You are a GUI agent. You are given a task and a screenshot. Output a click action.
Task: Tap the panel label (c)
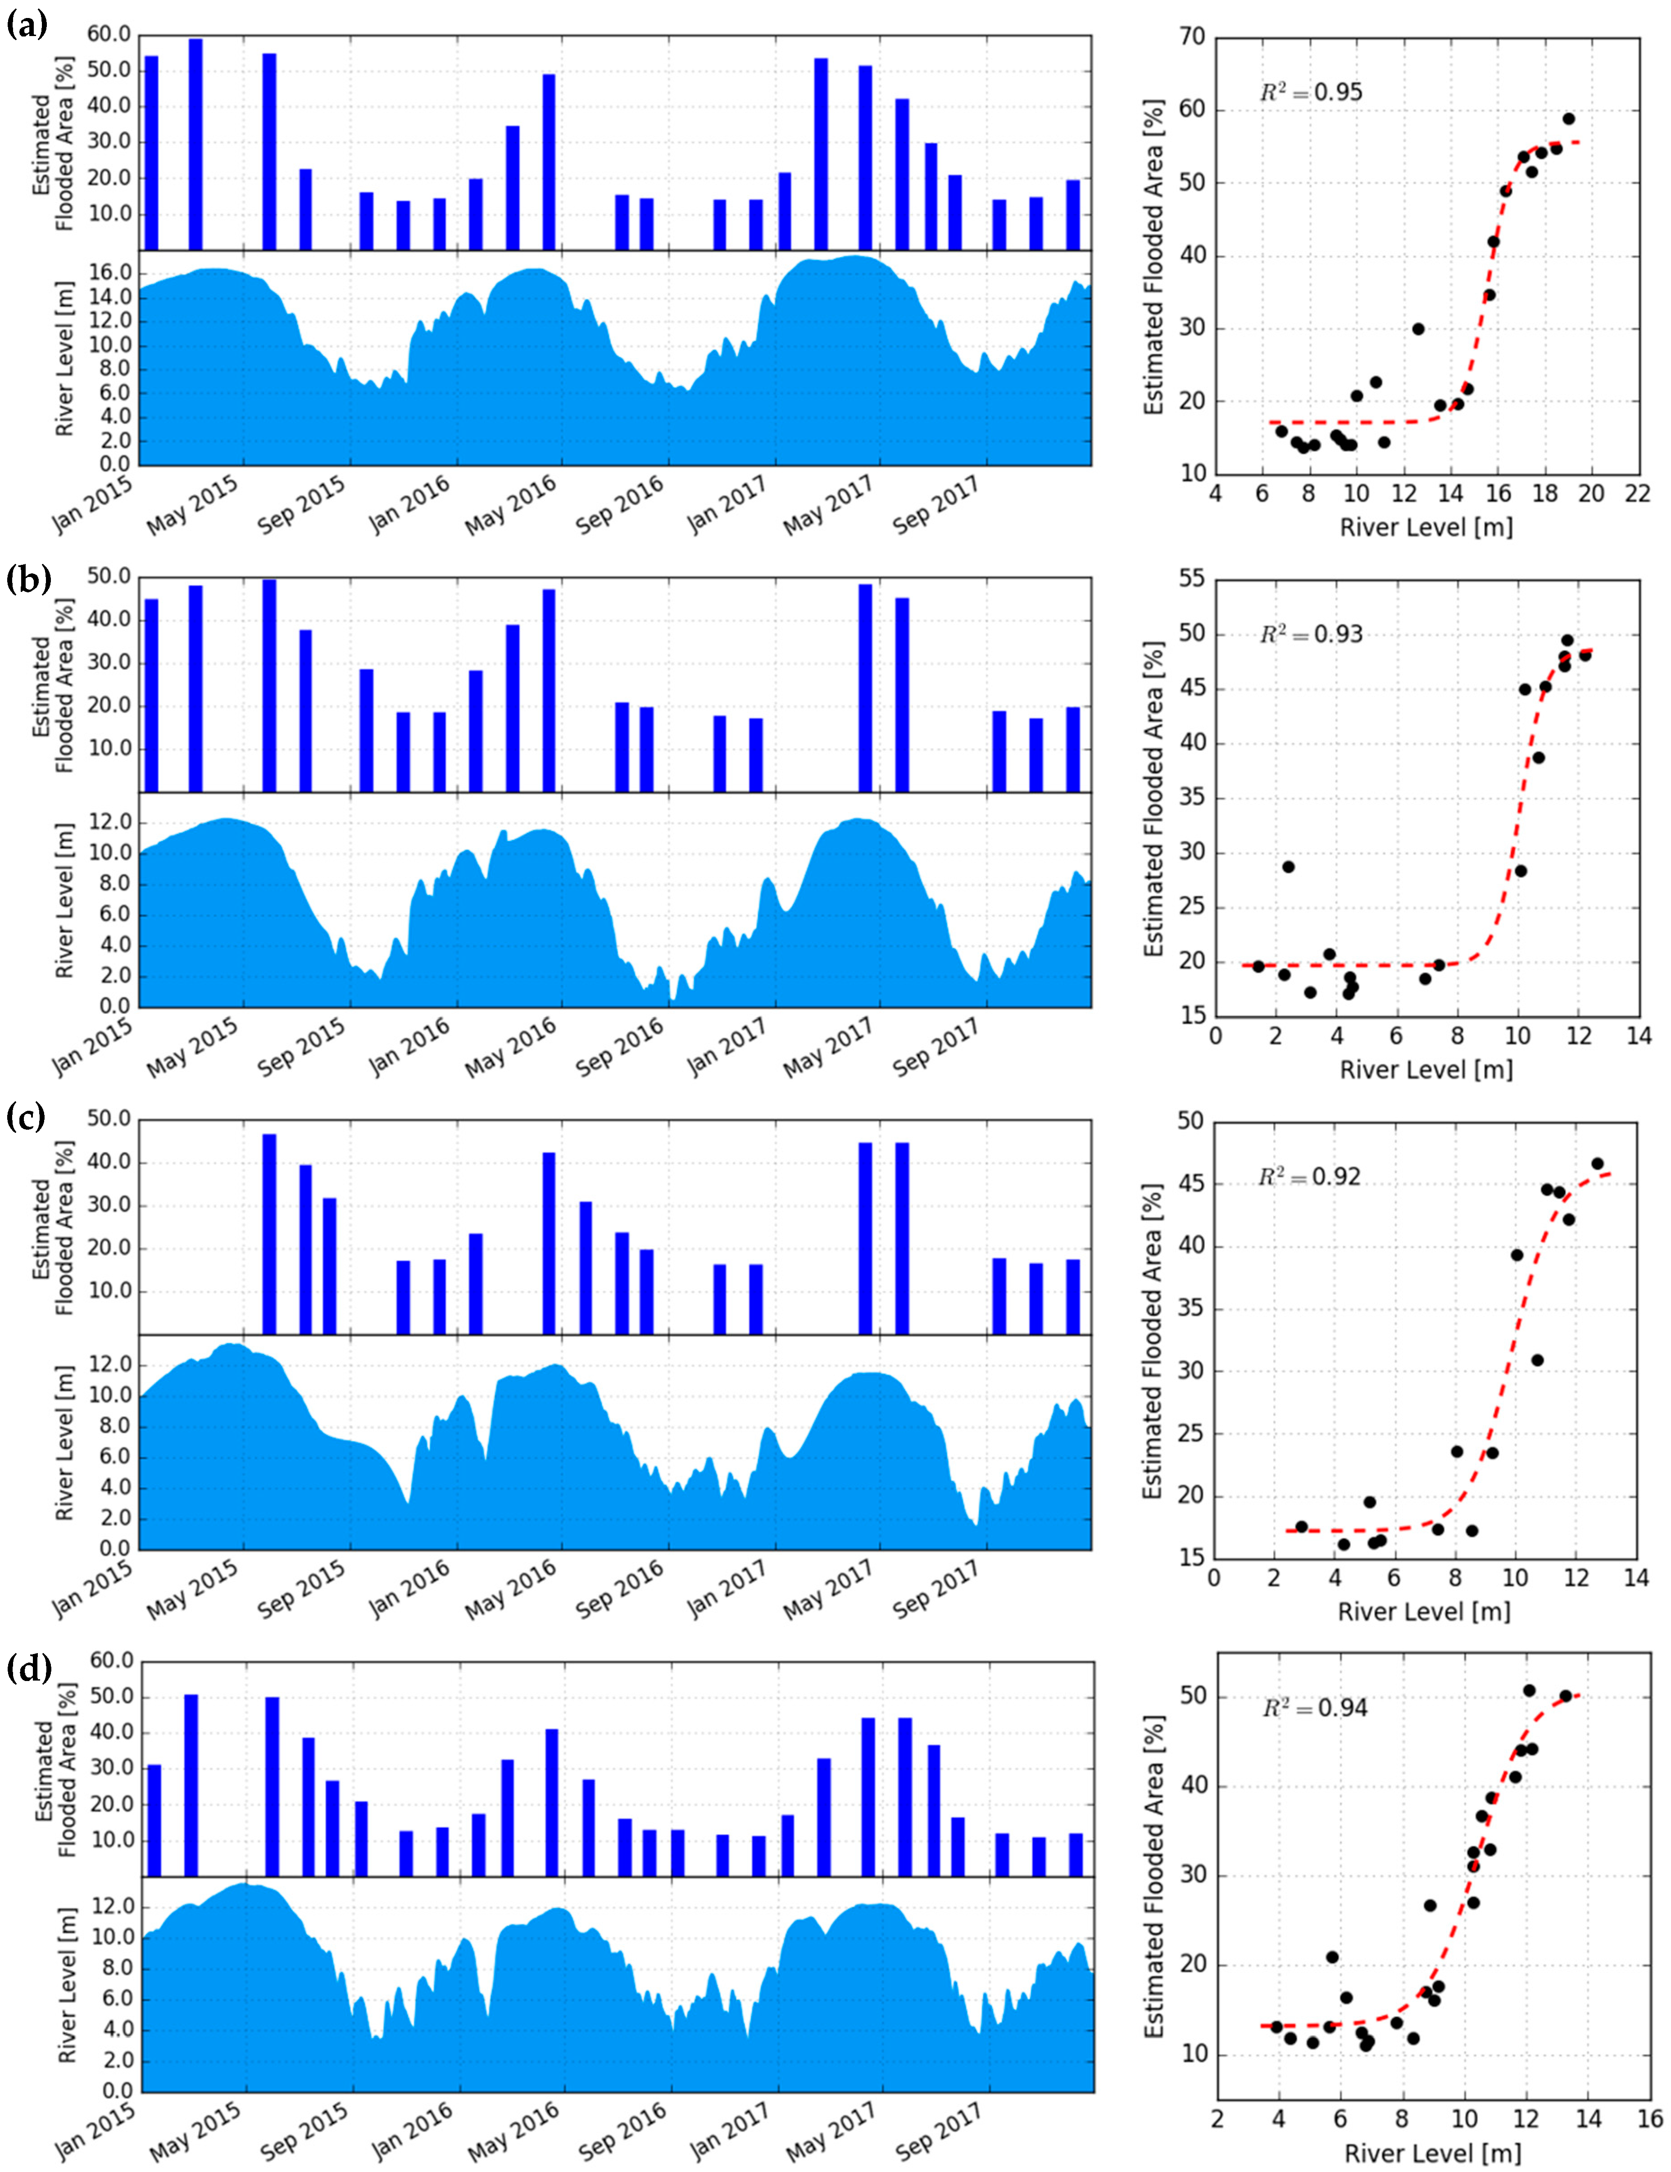(x=27, y=1118)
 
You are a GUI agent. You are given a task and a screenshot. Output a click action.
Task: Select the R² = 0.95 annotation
(x=1311, y=92)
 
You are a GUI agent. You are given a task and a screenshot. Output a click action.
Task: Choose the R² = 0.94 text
(x=1314, y=1708)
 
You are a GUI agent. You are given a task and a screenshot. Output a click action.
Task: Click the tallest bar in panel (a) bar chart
(x=196, y=144)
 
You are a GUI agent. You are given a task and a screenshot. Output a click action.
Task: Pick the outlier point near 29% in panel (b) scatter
(x=1288, y=866)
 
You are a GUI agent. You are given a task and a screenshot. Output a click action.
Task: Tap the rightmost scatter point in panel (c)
(x=1598, y=1163)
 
